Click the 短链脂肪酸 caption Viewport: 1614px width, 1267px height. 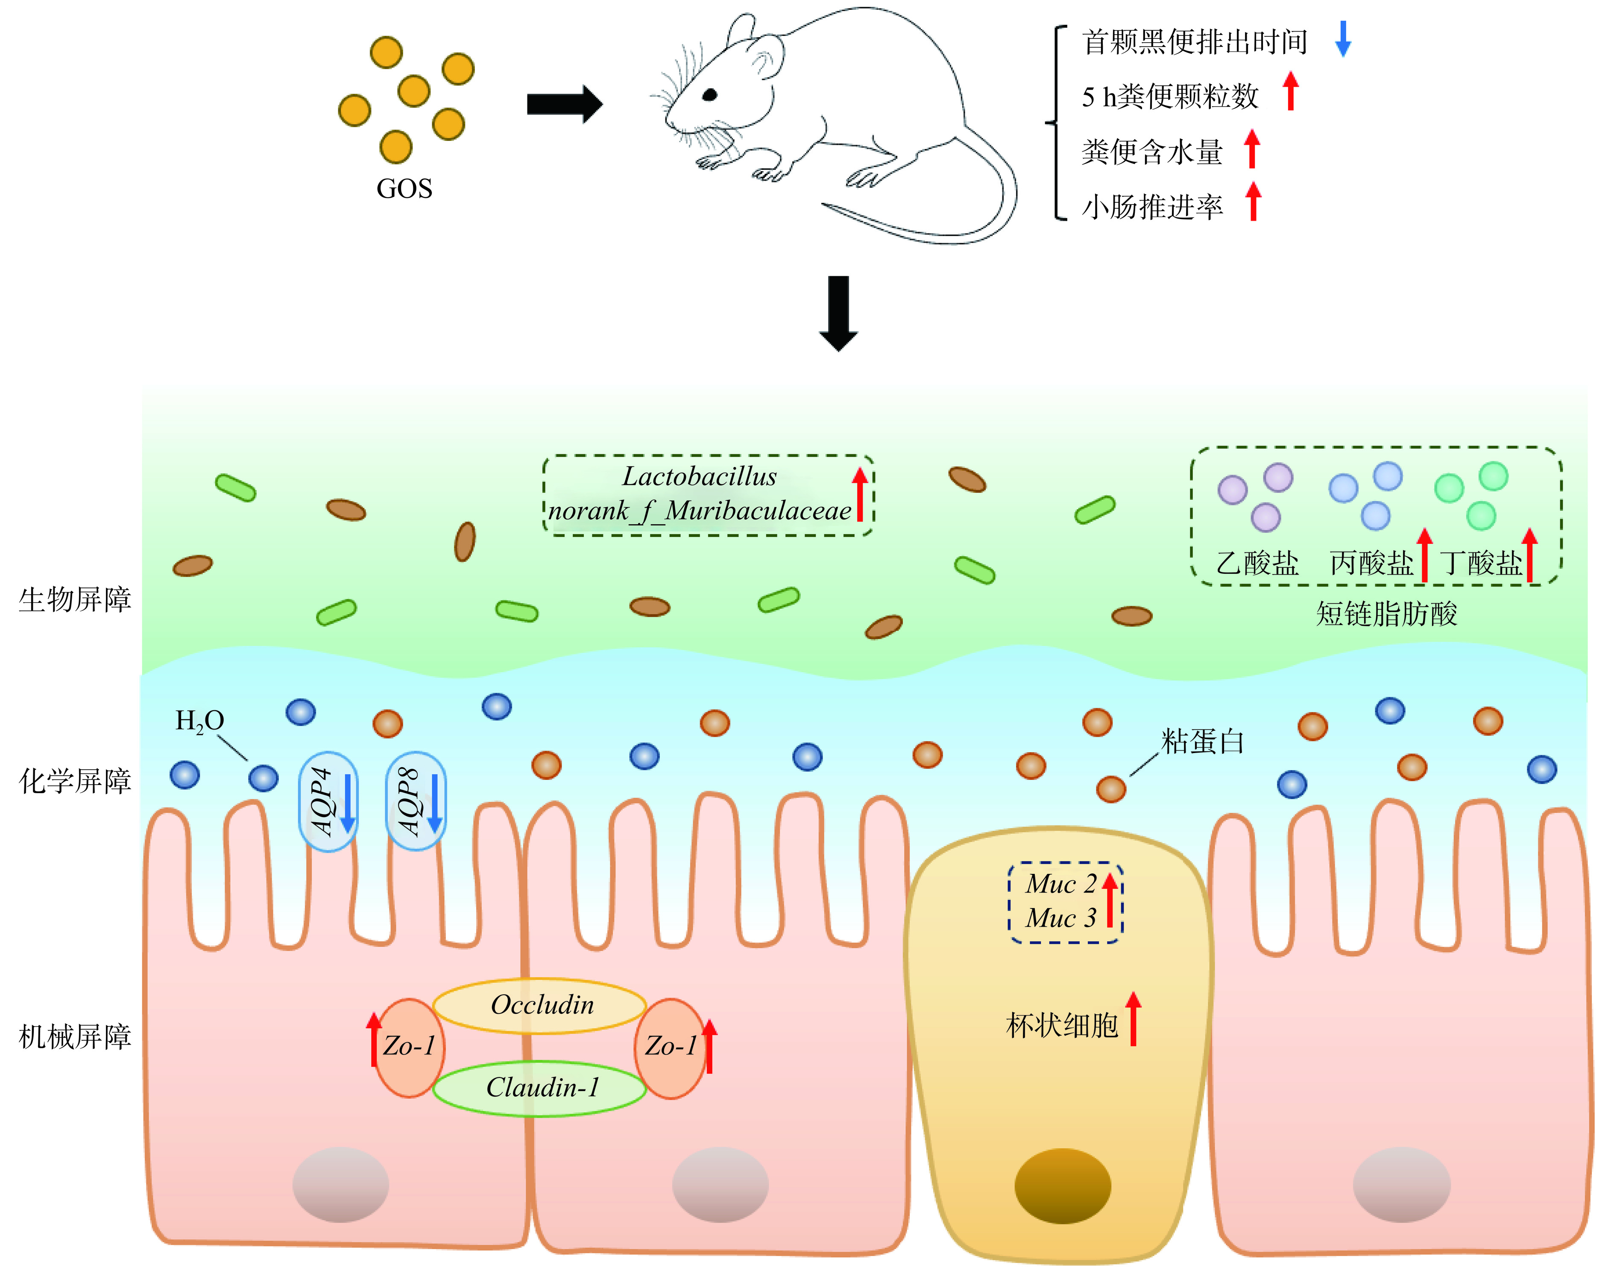[1386, 613]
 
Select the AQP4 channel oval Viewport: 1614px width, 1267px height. [328, 801]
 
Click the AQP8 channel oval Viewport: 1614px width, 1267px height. [416, 801]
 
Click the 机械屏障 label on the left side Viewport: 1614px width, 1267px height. [75, 1036]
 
